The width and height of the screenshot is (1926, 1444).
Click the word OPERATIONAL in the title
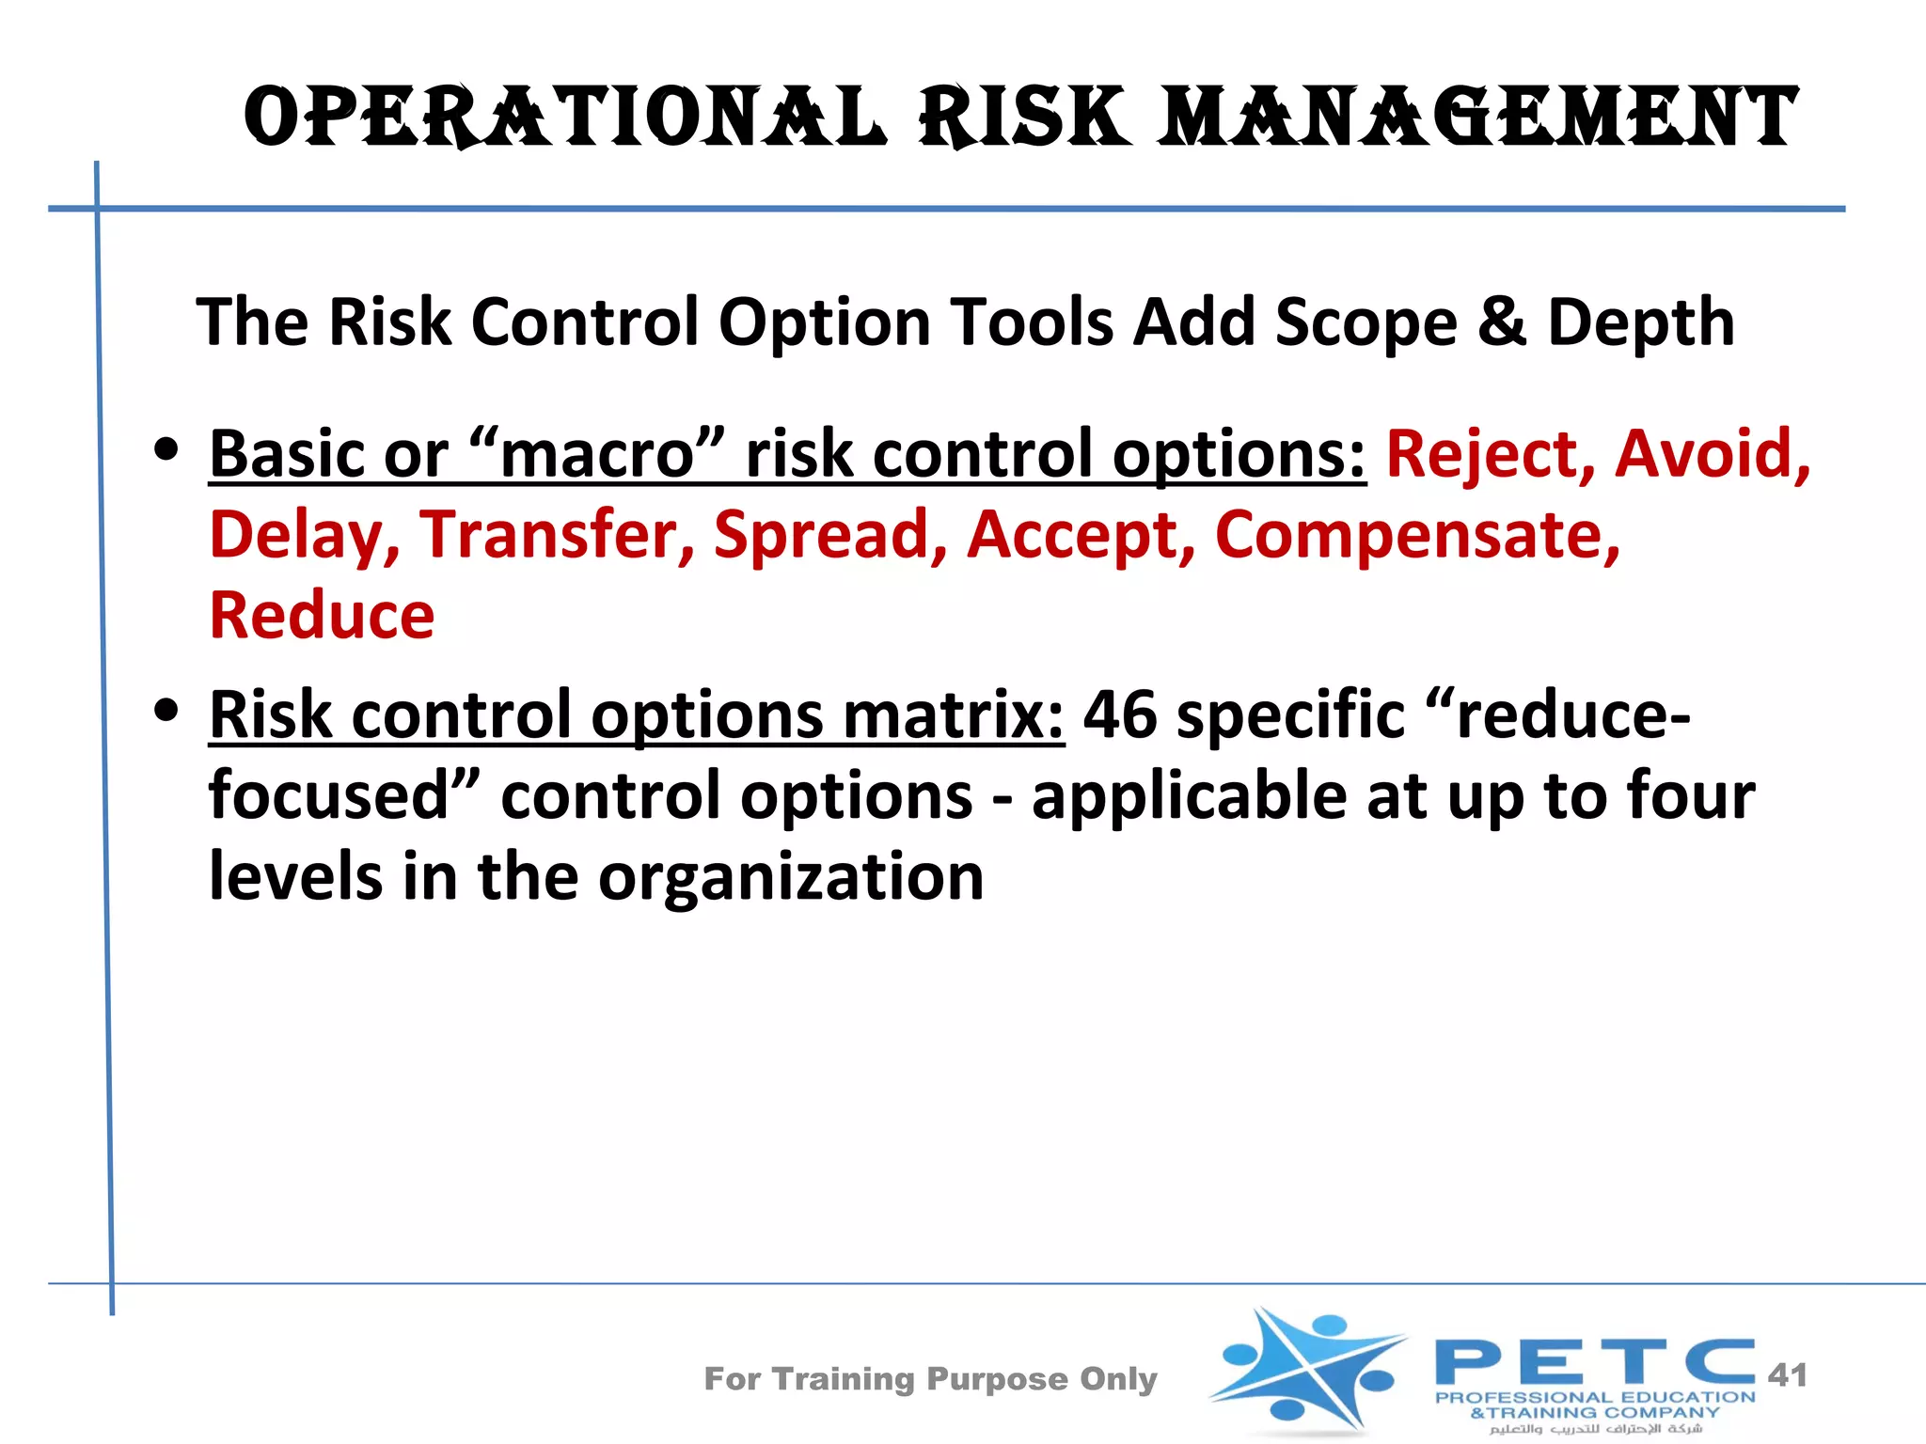click(x=564, y=118)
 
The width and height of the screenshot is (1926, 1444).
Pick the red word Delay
click(x=303, y=536)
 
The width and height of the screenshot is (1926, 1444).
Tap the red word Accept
click(x=1080, y=536)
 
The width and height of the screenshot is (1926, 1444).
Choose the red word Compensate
click(x=1416, y=536)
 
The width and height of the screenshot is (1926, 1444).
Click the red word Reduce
click(x=322, y=616)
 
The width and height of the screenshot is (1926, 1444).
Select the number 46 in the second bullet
click(x=1119, y=714)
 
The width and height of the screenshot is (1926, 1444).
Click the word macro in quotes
click(x=596, y=455)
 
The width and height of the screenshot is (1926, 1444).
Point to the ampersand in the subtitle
click(x=1501, y=322)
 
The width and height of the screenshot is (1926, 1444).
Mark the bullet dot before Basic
click(x=167, y=450)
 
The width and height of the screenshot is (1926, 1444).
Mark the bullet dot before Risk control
click(x=167, y=711)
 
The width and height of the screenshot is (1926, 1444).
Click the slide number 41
click(x=1787, y=1375)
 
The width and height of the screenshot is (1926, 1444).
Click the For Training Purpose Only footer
click(x=930, y=1378)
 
